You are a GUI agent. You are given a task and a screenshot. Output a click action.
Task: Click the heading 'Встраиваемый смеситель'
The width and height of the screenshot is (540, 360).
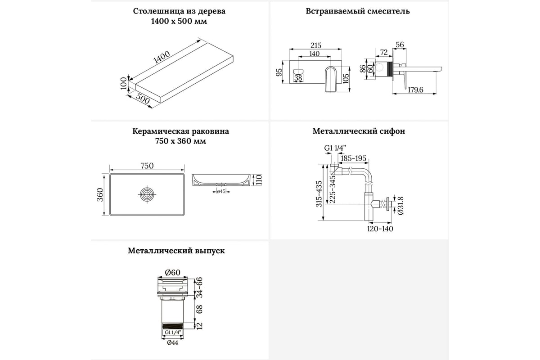coord(358,11)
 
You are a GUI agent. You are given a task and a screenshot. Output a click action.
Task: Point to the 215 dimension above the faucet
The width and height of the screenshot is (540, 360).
coord(316,45)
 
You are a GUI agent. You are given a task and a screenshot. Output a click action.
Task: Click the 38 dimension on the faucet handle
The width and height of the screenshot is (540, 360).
coord(298,78)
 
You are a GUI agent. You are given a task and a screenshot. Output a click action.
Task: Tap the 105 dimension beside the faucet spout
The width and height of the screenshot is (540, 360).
coord(345,78)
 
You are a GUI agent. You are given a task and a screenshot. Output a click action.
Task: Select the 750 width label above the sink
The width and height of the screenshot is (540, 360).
coord(147,166)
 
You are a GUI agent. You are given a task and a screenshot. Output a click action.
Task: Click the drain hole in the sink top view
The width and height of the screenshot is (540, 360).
coord(147,195)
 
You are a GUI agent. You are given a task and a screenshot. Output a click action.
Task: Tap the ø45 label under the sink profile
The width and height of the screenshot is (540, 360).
coord(221,191)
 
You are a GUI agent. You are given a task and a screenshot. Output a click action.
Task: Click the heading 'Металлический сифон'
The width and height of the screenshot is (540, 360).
coord(359,131)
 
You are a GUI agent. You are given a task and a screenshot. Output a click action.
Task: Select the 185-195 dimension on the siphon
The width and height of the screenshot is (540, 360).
coord(354,158)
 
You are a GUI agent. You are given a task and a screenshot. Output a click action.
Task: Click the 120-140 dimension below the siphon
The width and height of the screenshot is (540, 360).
coord(379,228)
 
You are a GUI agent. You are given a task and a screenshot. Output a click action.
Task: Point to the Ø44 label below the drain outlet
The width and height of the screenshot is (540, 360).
coord(173,343)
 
